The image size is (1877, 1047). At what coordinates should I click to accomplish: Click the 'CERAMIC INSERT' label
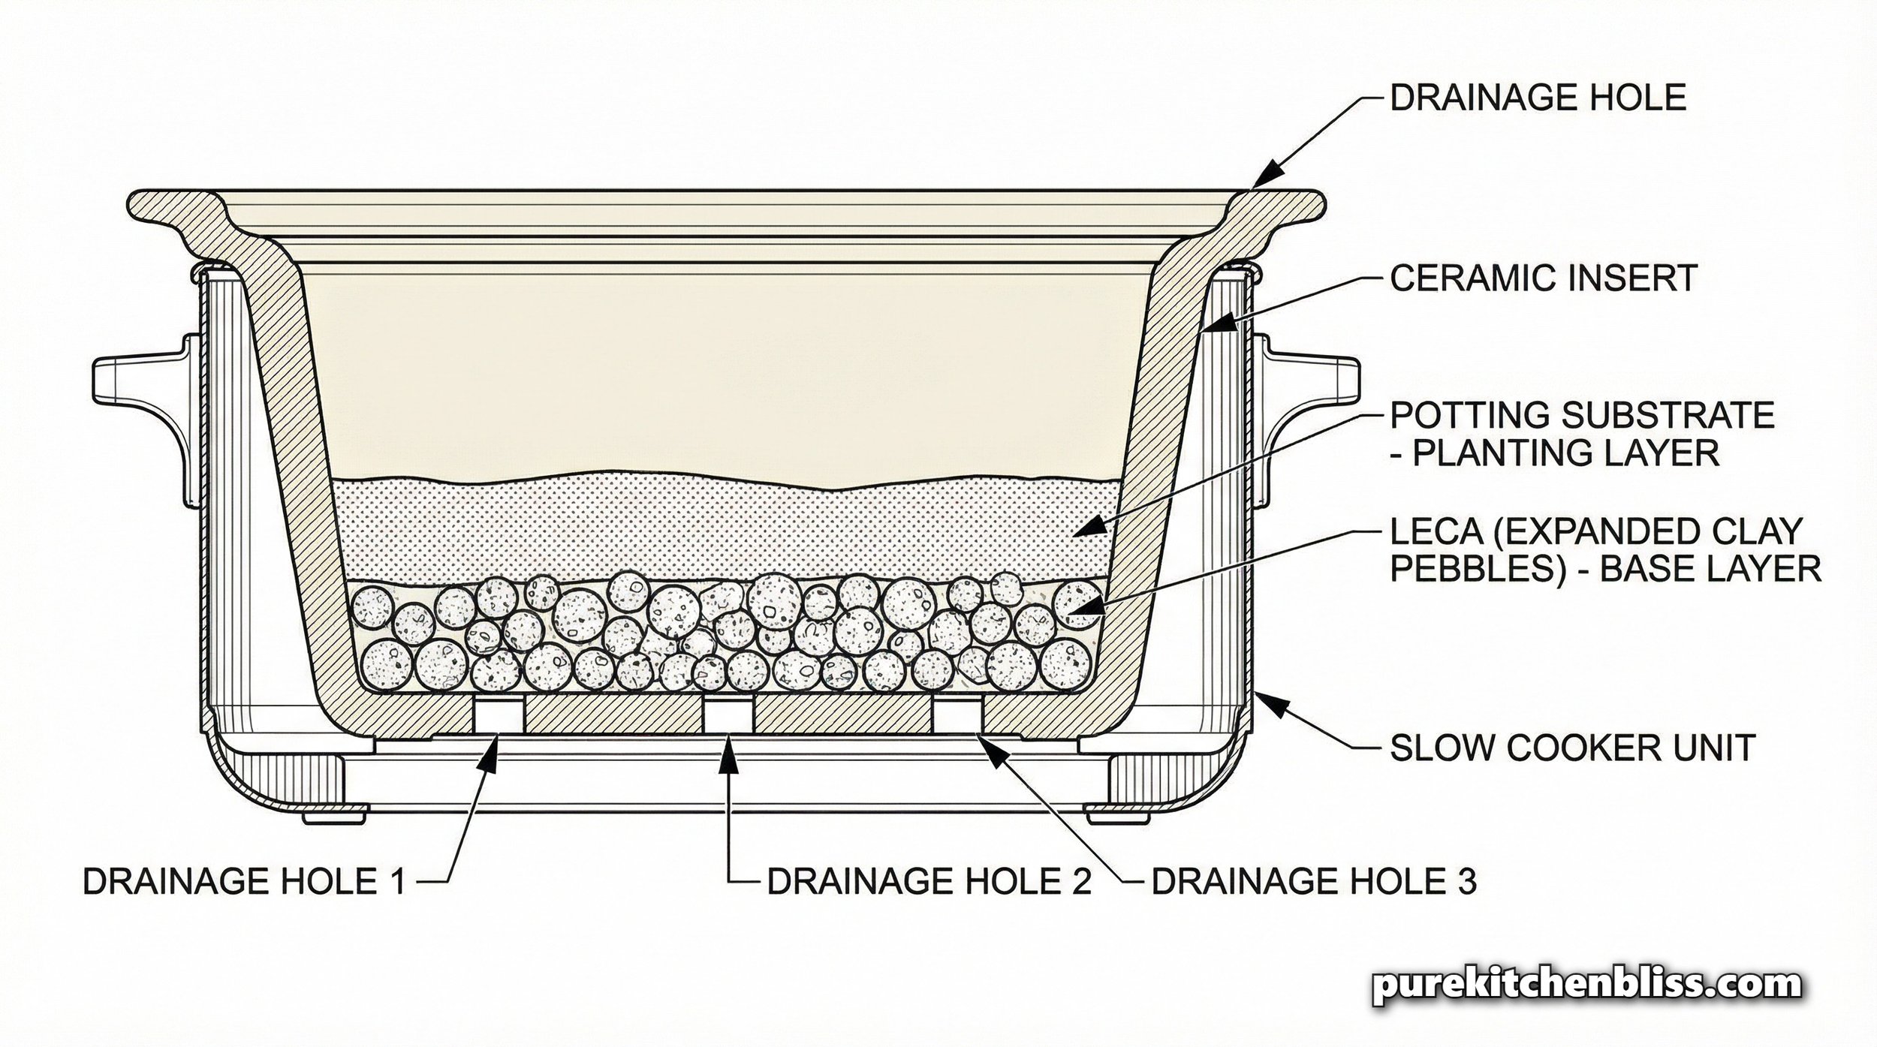(x=1543, y=278)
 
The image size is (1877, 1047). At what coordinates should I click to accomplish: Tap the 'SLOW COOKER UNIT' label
(x=1572, y=748)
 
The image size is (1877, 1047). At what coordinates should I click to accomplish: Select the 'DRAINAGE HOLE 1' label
(x=244, y=882)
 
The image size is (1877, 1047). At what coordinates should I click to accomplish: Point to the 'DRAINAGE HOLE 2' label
(x=929, y=882)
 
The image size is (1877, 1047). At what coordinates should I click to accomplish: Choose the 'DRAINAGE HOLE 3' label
(x=1314, y=882)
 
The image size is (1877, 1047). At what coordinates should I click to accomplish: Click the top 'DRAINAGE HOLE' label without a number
(x=1538, y=98)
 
